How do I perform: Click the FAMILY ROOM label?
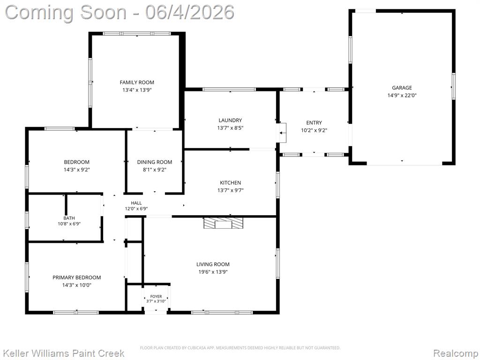[137, 82]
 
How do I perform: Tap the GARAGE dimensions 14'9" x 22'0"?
[402, 95]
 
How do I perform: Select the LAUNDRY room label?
[230, 120]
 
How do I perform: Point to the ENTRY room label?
[314, 122]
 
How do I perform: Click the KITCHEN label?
[230, 182]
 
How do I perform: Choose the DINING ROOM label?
[155, 162]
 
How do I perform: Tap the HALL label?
[136, 203]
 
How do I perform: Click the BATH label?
[69, 218]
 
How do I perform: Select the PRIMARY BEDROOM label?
[76, 277]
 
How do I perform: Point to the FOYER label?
[156, 296]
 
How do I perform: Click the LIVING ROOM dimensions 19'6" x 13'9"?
[213, 272]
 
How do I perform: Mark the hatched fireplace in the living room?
[223, 223]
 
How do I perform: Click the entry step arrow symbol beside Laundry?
[282, 133]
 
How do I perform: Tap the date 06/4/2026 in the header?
[190, 12]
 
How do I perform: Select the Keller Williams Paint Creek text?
[63, 353]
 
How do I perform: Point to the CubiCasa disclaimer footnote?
[240, 348]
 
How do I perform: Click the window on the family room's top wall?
[136, 34]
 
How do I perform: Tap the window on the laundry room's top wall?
[229, 90]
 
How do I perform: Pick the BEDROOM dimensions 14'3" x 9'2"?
[76, 170]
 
